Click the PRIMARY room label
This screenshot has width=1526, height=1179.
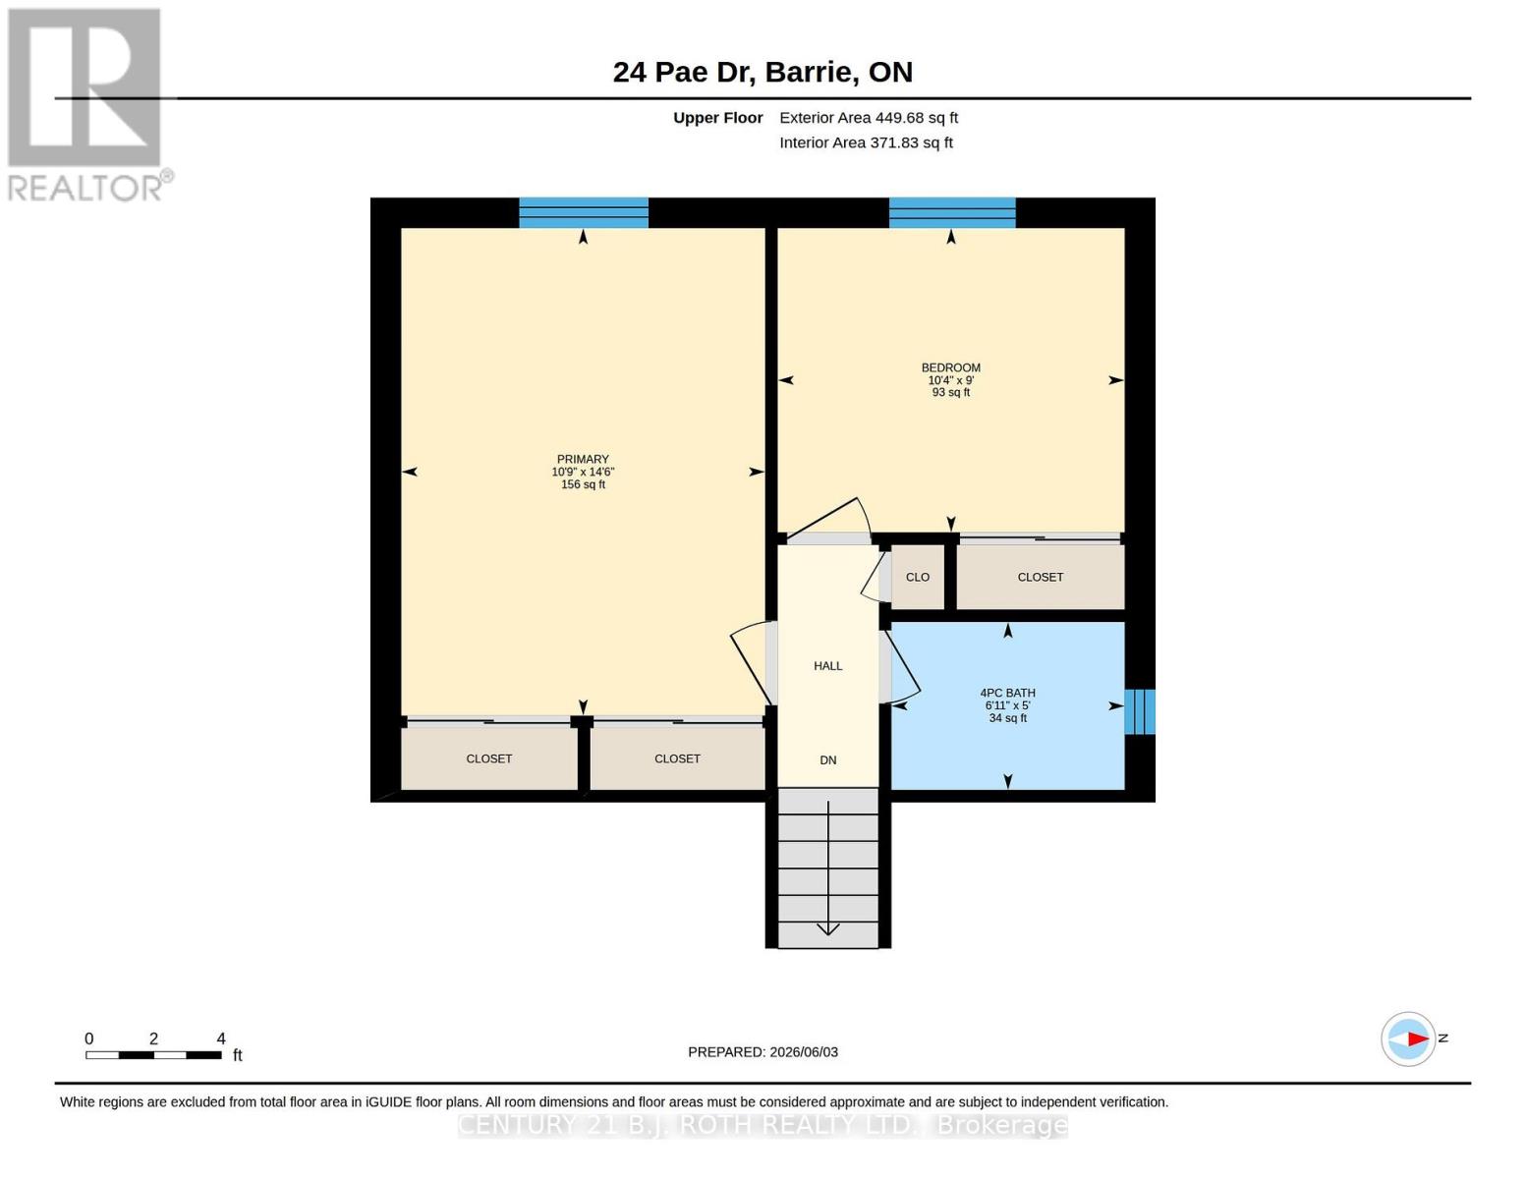(x=582, y=459)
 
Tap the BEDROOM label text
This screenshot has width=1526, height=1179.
(x=951, y=368)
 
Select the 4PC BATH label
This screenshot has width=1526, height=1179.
(x=1008, y=693)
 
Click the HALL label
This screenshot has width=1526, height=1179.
(x=828, y=666)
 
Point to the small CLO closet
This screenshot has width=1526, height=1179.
(x=917, y=577)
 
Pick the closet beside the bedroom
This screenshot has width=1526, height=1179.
(x=1040, y=577)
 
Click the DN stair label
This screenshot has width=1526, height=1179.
(x=828, y=759)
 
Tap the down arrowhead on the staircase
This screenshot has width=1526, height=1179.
(x=828, y=928)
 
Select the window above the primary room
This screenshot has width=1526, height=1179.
(x=583, y=213)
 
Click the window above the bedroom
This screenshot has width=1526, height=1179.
(x=952, y=213)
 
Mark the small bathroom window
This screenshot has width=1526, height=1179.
(x=1140, y=712)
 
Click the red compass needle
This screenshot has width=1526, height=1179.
(x=1418, y=1039)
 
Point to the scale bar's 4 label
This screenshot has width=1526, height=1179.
(x=220, y=1039)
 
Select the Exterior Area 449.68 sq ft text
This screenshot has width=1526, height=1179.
(x=869, y=118)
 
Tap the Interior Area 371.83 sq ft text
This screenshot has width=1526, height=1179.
(x=866, y=142)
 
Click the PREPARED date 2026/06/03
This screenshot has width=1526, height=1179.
(x=804, y=1052)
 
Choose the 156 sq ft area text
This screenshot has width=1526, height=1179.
(x=583, y=484)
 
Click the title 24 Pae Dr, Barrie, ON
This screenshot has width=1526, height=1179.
(x=763, y=72)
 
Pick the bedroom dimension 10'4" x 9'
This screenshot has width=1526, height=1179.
(x=951, y=380)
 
